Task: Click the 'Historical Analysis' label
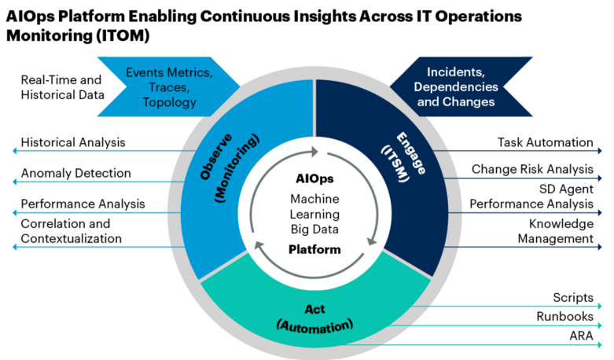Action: [72, 143]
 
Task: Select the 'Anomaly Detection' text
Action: [75, 173]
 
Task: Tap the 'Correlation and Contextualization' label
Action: [71, 231]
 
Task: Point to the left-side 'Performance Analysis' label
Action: [83, 204]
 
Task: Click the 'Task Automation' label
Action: [545, 142]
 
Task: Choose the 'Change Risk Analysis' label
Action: [532, 169]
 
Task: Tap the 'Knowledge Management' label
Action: [555, 231]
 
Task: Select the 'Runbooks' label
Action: [565, 317]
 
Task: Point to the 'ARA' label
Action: [580, 336]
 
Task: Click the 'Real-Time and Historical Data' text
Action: [62, 87]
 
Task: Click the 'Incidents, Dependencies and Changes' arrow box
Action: [455, 86]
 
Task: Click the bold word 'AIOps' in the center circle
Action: [314, 179]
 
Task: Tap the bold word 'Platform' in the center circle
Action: [314, 250]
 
